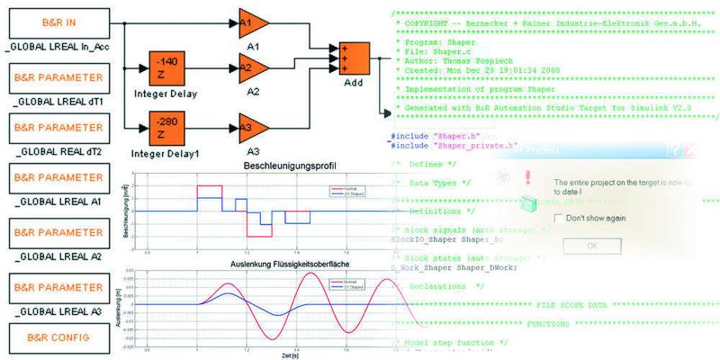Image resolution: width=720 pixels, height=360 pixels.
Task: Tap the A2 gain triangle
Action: [253, 66]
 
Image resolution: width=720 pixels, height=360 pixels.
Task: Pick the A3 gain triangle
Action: [253, 126]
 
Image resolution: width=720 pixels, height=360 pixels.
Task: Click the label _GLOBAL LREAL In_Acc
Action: [56, 45]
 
